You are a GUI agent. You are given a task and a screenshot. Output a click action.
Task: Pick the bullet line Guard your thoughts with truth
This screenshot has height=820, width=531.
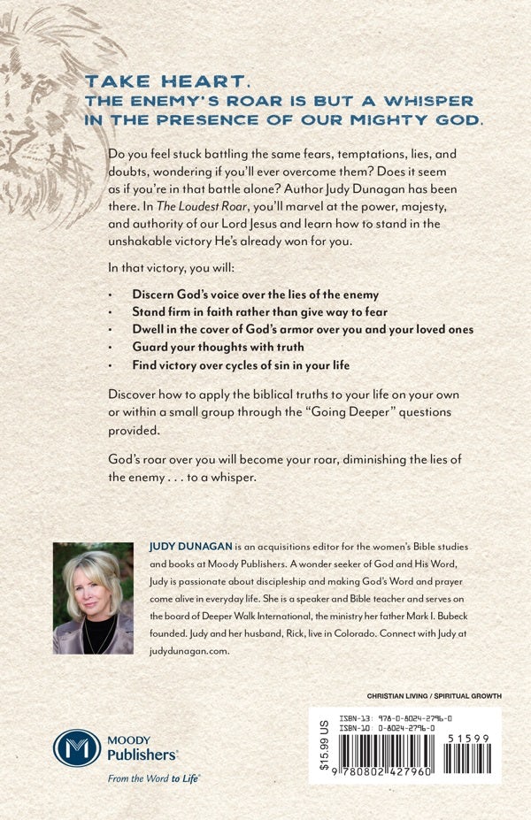click(x=218, y=347)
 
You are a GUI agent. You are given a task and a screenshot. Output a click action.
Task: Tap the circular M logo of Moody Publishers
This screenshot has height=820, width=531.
click(x=77, y=747)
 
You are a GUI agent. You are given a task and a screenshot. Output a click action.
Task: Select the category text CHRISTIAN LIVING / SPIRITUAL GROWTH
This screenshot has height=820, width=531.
click(x=434, y=696)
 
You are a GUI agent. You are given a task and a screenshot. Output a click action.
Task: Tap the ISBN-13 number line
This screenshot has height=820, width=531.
click(x=411, y=719)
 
